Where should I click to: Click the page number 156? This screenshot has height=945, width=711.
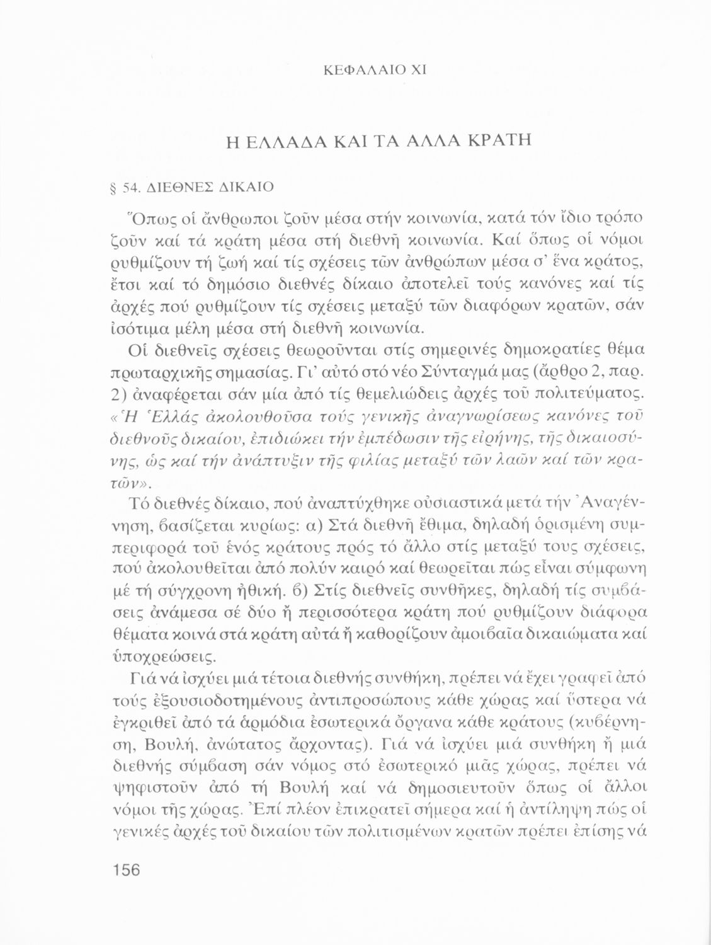(126, 870)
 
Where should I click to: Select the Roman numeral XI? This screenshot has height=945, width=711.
(419, 71)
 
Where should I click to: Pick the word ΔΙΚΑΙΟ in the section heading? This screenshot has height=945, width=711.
(243, 188)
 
